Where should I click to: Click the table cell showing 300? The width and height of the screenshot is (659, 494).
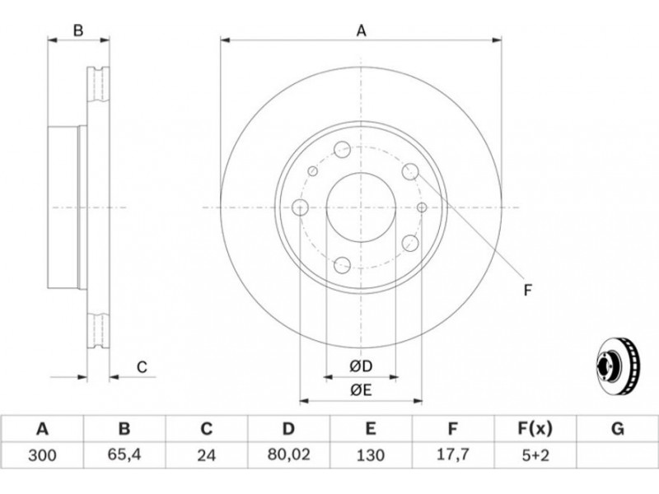[x=42, y=454]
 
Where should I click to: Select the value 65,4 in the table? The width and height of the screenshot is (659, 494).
[x=124, y=454]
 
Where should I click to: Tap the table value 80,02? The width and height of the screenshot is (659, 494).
[x=288, y=454]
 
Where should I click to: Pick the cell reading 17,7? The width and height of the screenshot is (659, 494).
[x=452, y=454]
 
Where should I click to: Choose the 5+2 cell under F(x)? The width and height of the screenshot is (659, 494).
[x=535, y=454]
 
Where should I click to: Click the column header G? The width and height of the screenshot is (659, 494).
[x=617, y=429]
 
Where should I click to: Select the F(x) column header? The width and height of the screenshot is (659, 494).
[x=535, y=429]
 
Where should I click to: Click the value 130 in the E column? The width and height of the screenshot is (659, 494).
[x=370, y=454]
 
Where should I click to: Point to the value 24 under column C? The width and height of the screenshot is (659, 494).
[x=207, y=454]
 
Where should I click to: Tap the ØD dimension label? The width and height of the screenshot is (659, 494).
[x=361, y=366]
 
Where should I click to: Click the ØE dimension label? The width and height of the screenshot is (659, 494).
[x=361, y=390]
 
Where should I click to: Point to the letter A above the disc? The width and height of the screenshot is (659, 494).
[x=362, y=30]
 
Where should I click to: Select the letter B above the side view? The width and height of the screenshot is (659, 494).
[x=78, y=30]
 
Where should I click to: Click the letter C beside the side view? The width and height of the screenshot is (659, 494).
[x=142, y=367]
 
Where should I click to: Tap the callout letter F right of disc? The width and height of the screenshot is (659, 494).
[x=528, y=290]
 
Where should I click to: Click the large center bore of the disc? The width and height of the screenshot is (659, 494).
[x=361, y=207]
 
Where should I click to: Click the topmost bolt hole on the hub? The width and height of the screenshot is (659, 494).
[x=342, y=149]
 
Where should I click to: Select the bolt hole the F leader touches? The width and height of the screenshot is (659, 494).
[x=410, y=171]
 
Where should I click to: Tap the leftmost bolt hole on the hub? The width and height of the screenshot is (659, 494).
[x=300, y=207]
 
